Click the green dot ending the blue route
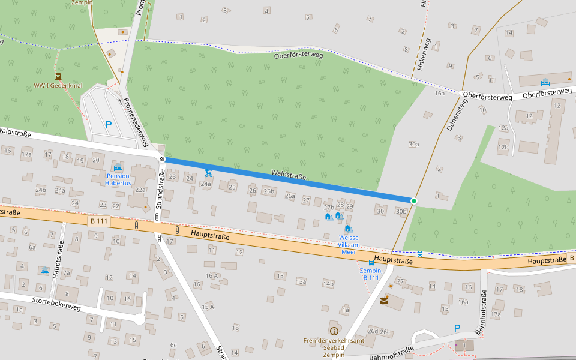point(414,200)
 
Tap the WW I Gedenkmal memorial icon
point(58,76)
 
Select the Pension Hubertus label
point(118,179)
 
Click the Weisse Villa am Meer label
point(349,244)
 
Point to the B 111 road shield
point(100,221)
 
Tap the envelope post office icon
point(383,301)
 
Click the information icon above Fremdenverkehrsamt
point(334,331)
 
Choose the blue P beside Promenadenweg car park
point(109,125)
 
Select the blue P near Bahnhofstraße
point(457,328)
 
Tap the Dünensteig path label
point(457,116)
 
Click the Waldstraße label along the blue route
point(289,175)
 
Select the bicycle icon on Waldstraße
point(208,173)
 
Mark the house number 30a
point(413,144)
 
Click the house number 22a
point(140,190)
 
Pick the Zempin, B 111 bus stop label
point(370,274)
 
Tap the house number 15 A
point(208,307)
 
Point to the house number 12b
point(503,147)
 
